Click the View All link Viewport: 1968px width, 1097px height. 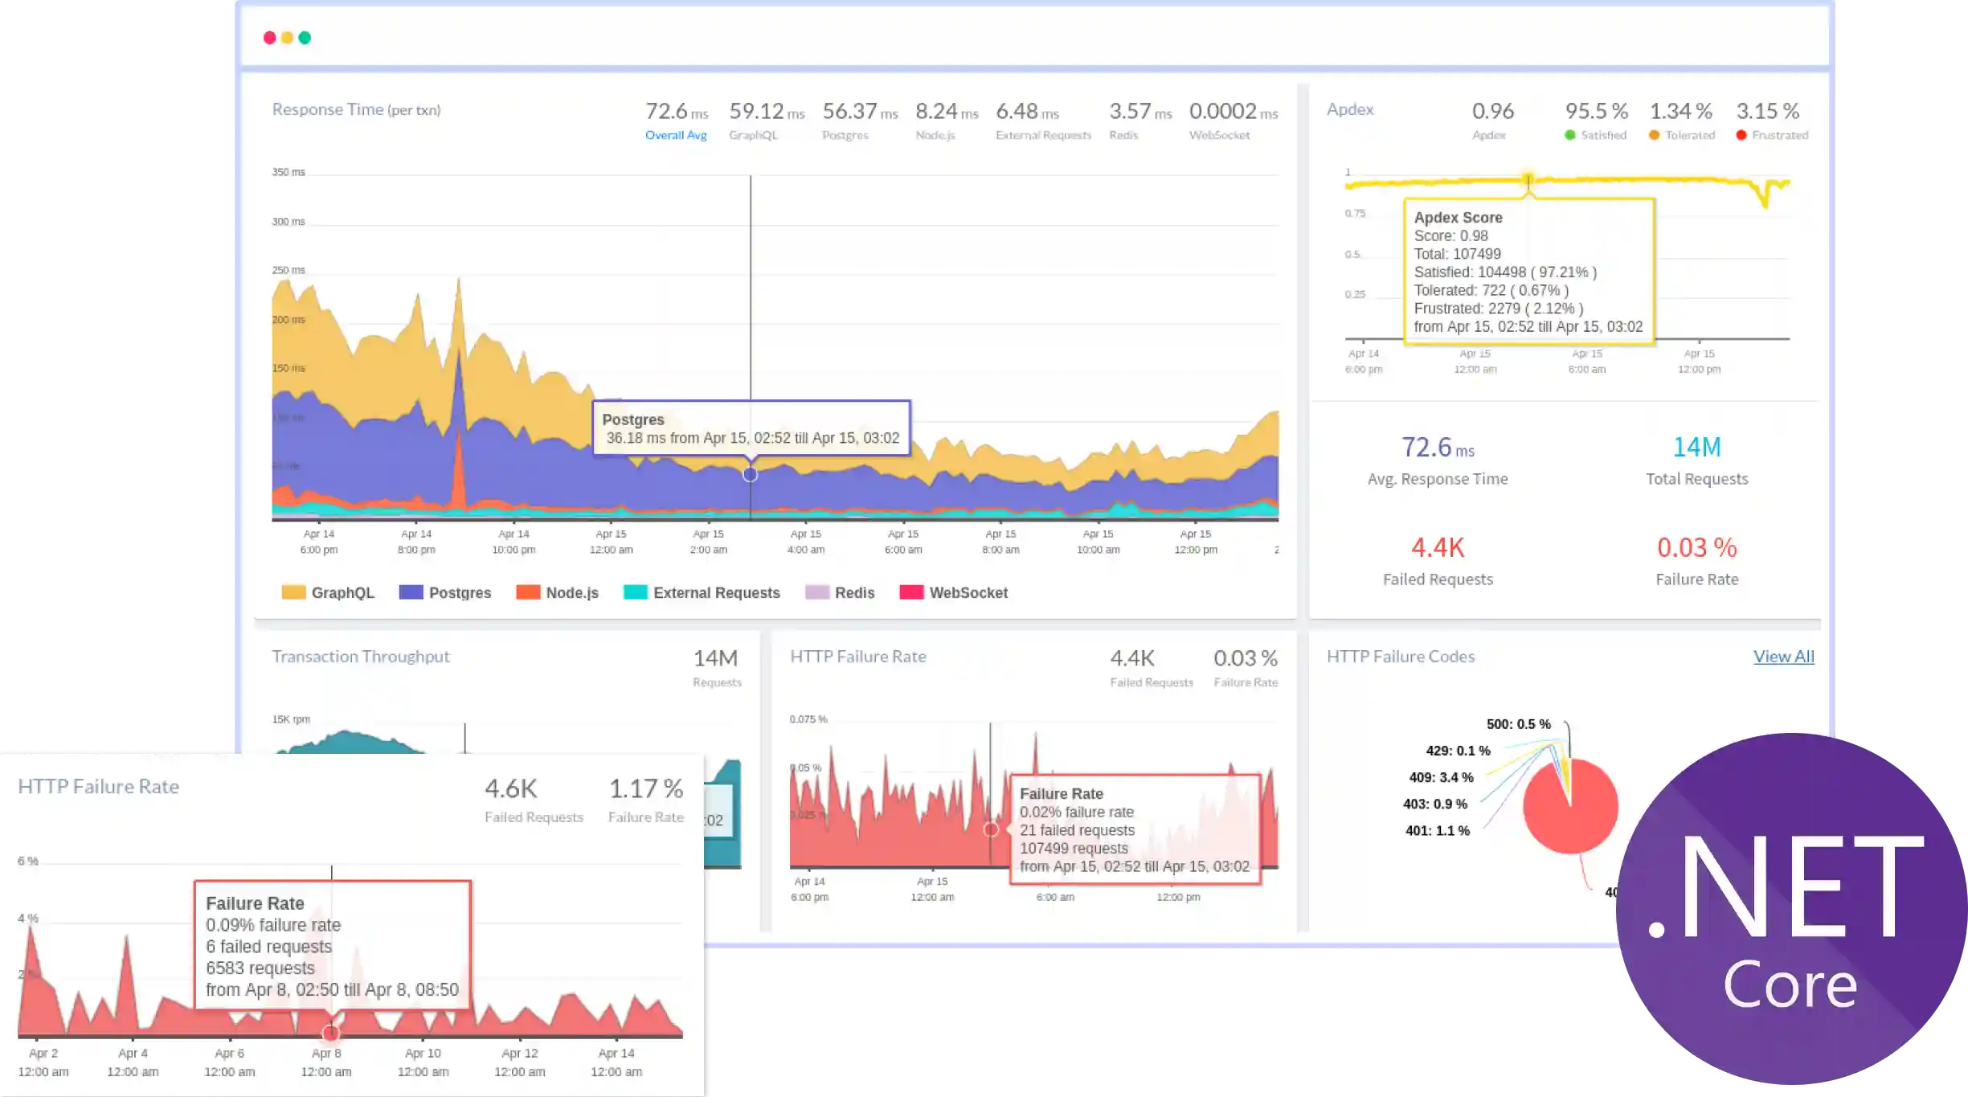[1783, 657]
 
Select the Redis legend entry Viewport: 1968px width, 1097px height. [840, 592]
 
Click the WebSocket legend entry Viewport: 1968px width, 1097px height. [954, 592]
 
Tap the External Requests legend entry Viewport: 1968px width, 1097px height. [702, 592]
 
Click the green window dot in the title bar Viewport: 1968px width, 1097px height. [305, 38]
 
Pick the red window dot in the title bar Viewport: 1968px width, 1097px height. [269, 38]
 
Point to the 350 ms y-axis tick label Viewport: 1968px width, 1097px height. [288, 172]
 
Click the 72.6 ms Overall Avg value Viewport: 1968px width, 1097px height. [677, 112]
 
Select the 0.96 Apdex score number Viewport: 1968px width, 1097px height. [1492, 111]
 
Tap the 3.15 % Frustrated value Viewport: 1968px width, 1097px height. [1767, 111]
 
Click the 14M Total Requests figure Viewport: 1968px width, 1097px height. [1696, 447]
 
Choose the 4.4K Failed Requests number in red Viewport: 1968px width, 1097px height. [1438, 548]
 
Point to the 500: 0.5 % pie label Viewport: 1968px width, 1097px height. [1518, 724]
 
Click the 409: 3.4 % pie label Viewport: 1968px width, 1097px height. [1441, 777]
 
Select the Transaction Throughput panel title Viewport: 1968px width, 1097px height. [361, 657]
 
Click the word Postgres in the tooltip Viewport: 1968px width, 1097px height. [633, 420]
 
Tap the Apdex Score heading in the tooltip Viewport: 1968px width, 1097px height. [1458, 218]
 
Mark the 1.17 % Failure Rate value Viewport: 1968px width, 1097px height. [645, 789]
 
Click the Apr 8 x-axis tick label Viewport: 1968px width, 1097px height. [326, 1053]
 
